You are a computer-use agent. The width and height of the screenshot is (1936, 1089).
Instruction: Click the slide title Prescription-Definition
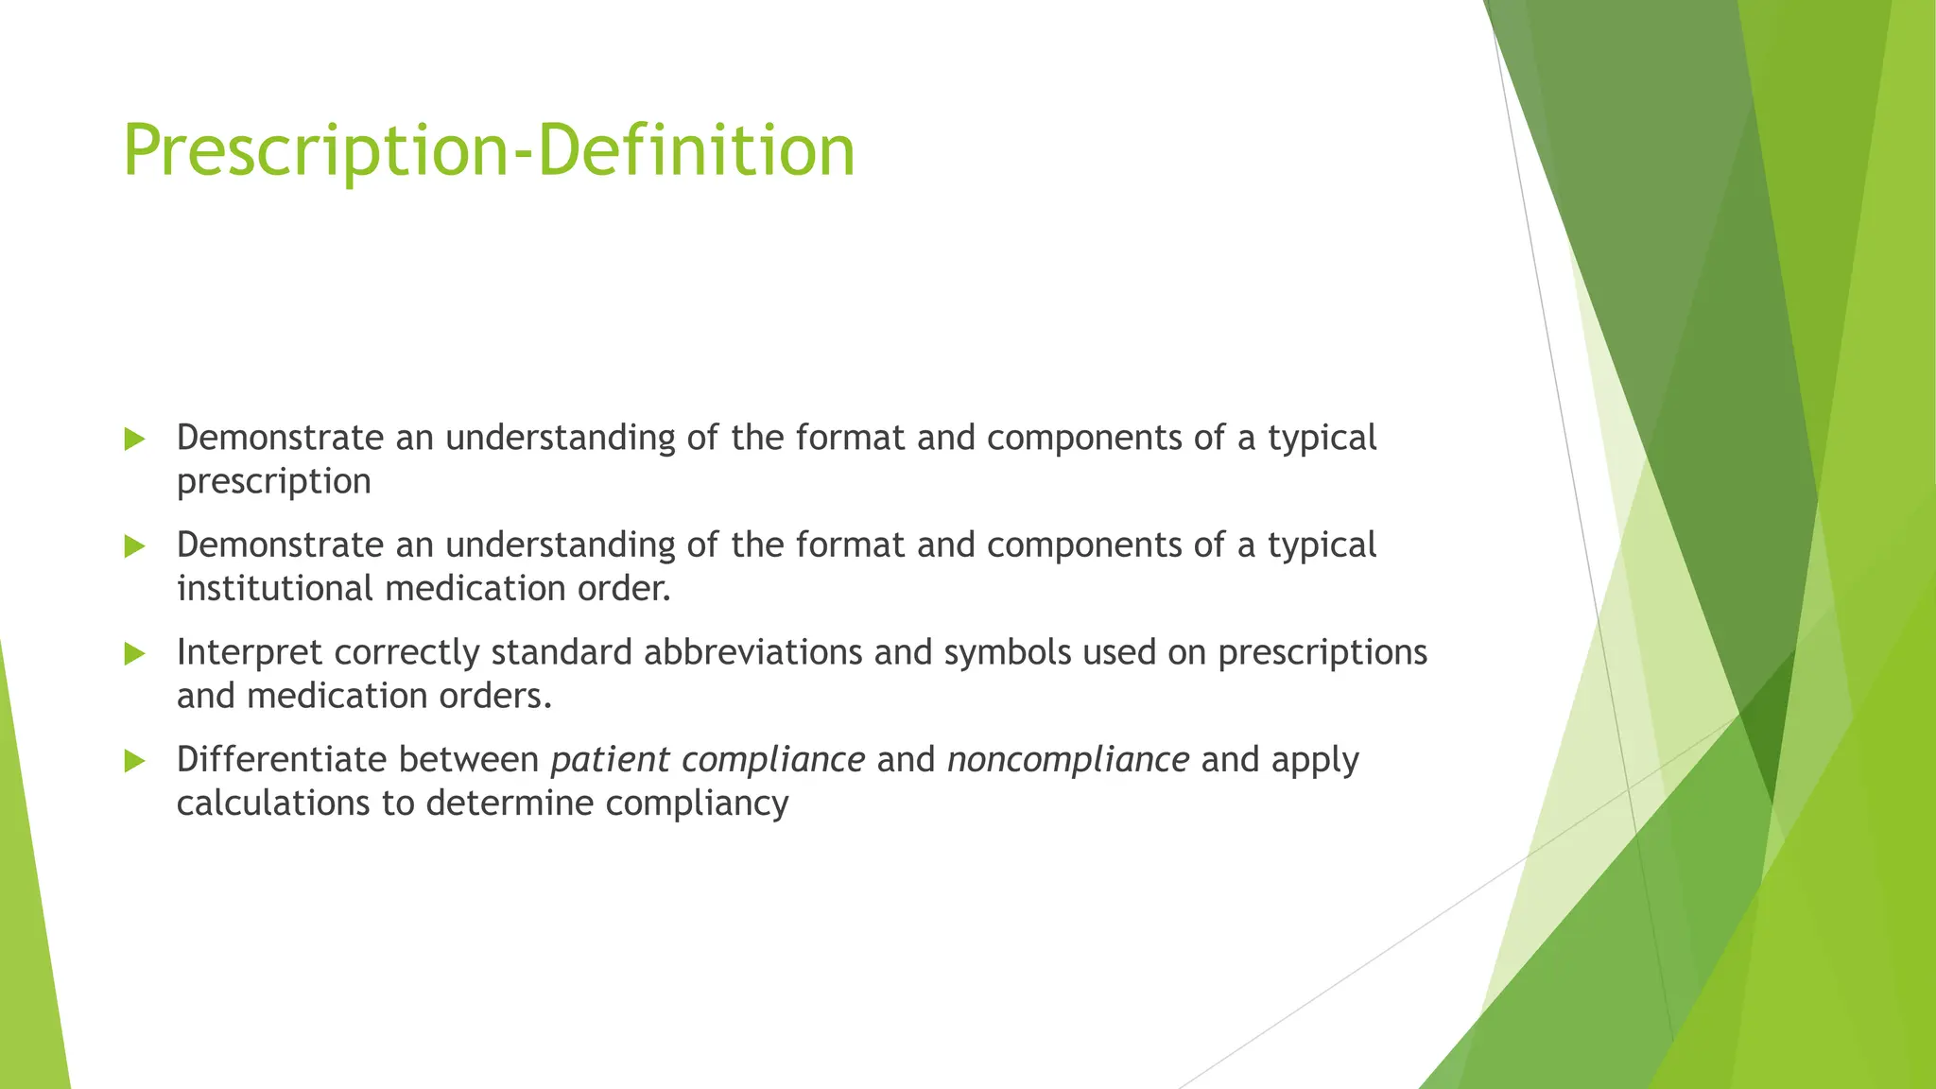pyautogui.click(x=489, y=151)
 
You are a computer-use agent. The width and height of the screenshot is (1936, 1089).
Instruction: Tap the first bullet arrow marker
pyautogui.click(x=134, y=439)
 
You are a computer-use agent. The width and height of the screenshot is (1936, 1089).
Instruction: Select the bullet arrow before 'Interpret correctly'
pyautogui.click(x=134, y=653)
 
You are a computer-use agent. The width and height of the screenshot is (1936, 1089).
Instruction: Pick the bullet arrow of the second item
pyautogui.click(x=134, y=546)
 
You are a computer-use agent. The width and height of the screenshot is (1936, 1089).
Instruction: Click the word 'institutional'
pyautogui.click(x=275, y=588)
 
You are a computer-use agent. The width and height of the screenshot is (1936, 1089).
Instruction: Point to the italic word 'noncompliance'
pyautogui.click(x=1067, y=759)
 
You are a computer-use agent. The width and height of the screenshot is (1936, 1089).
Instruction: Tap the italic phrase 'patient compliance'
pyautogui.click(x=707, y=759)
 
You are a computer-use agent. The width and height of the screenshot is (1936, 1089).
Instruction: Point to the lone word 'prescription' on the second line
pyautogui.click(x=273, y=482)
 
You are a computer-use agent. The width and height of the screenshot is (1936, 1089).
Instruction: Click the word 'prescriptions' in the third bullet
pyautogui.click(x=1322, y=652)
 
